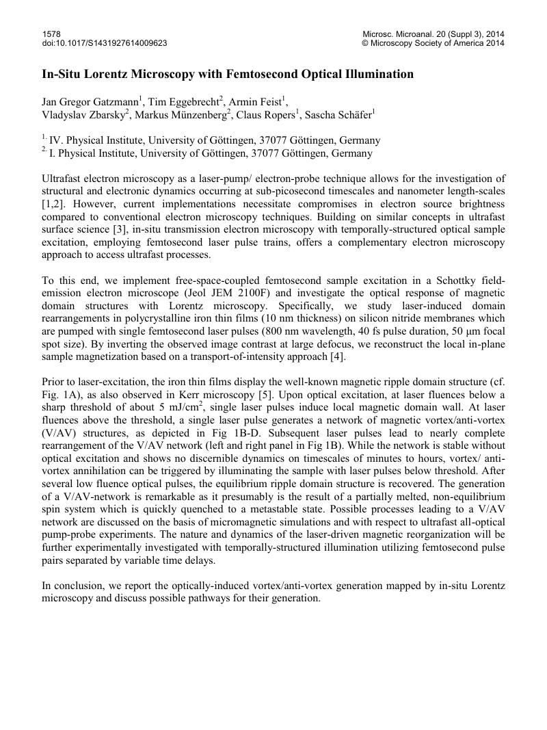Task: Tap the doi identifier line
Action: (x=105, y=43)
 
